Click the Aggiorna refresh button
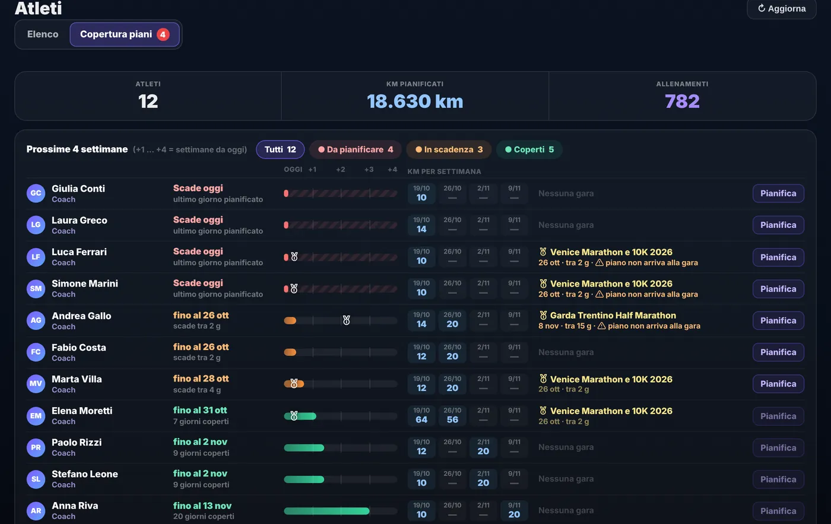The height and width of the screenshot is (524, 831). (x=781, y=8)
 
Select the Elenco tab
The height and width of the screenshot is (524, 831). (x=43, y=34)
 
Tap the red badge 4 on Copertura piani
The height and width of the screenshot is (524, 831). (x=163, y=34)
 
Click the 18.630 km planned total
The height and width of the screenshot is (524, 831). (x=415, y=101)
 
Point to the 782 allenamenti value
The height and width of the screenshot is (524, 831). (x=682, y=101)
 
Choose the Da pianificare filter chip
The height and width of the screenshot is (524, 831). (x=356, y=150)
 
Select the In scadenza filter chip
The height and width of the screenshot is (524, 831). (x=449, y=150)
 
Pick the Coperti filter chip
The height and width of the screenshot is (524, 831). (x=529, y=150)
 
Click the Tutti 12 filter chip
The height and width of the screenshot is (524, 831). (x=280, y=150)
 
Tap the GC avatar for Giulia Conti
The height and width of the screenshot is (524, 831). (x=36, y=193)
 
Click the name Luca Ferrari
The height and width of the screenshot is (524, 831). (x=79, y=252)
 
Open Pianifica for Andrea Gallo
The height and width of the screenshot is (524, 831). (x=778, y=320)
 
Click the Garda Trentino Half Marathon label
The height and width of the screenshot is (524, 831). (x=613, y=315)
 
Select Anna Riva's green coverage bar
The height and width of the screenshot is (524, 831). (x=326, y=511)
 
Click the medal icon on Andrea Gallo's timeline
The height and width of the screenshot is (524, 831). (x=346, y=320)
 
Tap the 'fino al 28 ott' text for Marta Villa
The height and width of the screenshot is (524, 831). (x=201, y=379)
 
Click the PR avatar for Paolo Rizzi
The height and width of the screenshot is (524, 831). (x=36, y=447)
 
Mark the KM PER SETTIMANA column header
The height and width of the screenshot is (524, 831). (x=444, y=172)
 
